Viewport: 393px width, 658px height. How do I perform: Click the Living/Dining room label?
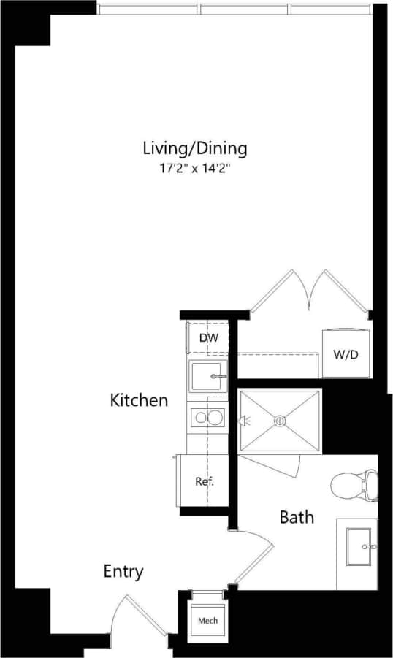[x=194, y=148]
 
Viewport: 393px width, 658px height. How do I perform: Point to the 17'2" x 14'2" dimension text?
[x=194, y=169]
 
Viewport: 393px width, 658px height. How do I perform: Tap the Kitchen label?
[x=139, y=400]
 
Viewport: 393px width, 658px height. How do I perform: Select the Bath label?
[x=297, y=517]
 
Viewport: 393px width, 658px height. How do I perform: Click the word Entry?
[x=123, y=571]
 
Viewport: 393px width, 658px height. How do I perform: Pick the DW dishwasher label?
[x=208, y=338]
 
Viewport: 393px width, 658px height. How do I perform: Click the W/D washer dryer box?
[x=345, y=354]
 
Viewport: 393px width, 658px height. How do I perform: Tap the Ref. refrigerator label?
[x=204, y=481]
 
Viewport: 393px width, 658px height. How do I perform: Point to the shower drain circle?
[x=280, y=421]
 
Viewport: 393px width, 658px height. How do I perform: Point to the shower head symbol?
[x=244, y=421]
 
